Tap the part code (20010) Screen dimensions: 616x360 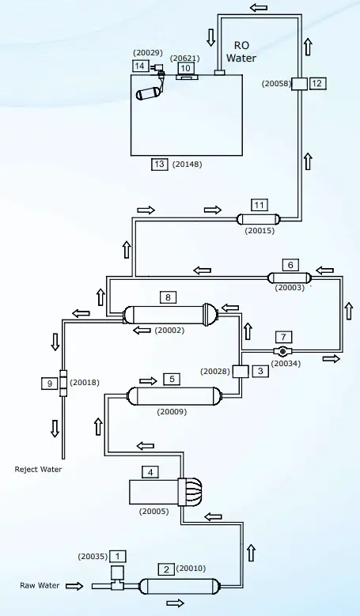coord(191,568)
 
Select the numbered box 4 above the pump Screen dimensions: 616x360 coord(150,473)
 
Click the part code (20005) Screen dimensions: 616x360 coord(153,512)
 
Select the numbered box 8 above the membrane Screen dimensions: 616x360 coord(169,297)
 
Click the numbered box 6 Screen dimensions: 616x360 coord(290,264)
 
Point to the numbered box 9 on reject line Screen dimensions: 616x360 coord(49,384)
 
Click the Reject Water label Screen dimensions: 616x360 coord(38,469)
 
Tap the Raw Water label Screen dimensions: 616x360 coord(39,586)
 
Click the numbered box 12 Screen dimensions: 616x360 coord(317,83)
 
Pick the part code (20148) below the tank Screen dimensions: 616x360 coord(188,164)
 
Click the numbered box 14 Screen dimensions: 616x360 coord(139,66)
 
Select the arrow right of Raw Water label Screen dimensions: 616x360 coord(74,586)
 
